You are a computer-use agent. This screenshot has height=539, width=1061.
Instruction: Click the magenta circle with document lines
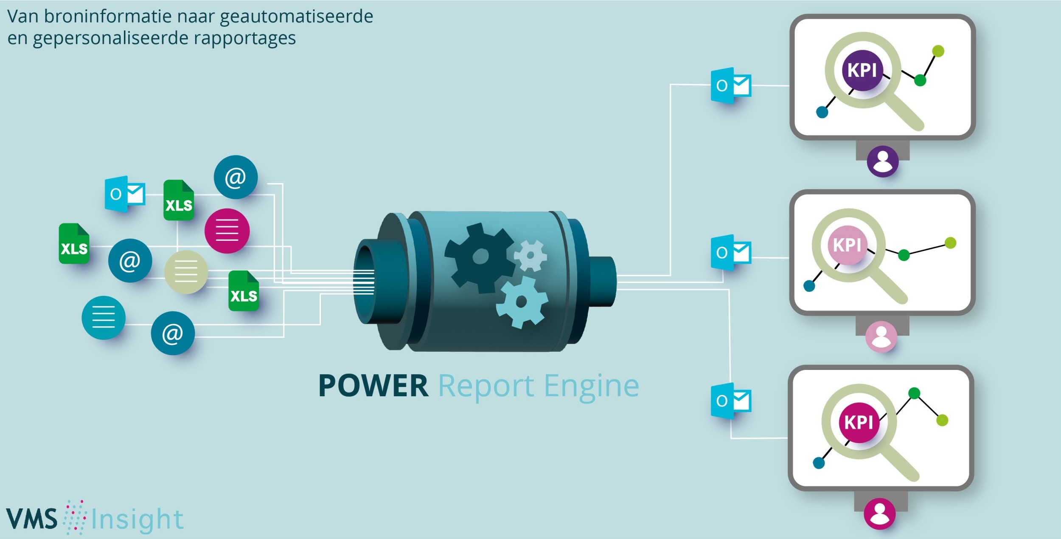(x=227, y=231)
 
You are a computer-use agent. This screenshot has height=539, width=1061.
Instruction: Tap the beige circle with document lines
(x=186, y=272)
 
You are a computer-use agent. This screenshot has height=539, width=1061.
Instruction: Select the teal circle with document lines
(x=104, y=318)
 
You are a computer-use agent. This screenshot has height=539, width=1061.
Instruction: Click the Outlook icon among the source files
(x=125, y=194)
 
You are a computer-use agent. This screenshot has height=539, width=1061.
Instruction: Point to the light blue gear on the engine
(x=522, y=302)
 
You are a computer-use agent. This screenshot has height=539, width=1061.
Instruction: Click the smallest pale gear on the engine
(x=530, y=255)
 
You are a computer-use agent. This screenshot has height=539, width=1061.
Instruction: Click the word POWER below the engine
(x=373, y=386)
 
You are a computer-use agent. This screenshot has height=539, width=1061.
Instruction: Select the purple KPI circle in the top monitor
(x=862, y=70)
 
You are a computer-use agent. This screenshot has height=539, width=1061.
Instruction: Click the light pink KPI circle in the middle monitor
(x=848, y=245)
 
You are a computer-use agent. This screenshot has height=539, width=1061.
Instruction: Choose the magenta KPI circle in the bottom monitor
(x=859, y=423)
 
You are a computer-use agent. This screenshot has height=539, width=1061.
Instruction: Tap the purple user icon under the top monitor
(x=883, y=161)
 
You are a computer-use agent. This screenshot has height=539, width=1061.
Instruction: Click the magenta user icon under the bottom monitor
(x=880, y=514)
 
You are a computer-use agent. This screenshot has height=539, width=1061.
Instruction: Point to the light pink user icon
(x=881, y=337)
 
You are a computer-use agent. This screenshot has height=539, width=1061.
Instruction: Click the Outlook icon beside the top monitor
(x=731, y=86)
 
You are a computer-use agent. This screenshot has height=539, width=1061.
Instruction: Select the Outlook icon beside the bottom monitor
(x=731, y=401)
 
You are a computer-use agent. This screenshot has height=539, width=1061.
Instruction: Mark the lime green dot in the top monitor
(x=938, y=51)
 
